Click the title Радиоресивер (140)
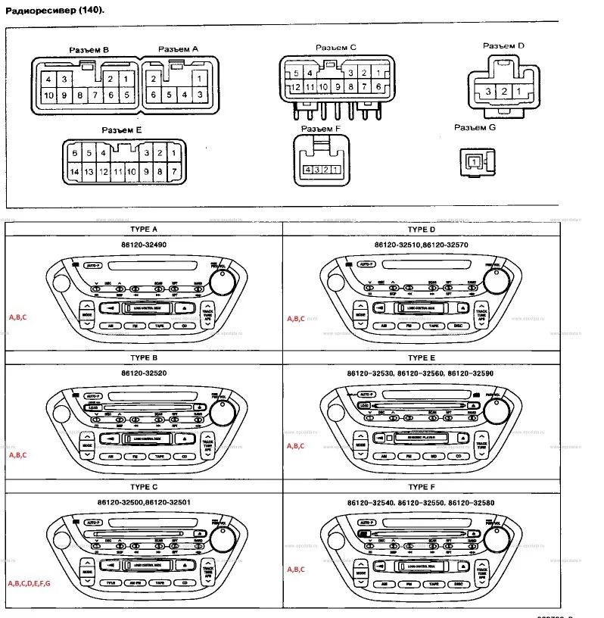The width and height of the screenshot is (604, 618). click(x=53, y=11)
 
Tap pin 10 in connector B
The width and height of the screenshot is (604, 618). click(x=48, y=95)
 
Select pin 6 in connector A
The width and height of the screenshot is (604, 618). click(x=154, y=95)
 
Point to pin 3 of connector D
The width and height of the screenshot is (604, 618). click(x=490, y=92)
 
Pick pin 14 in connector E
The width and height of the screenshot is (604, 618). click(x=74, y=172)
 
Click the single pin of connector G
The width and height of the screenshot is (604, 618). click(x=474, y=161)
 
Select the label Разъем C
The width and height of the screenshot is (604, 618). click(x=335, y=48)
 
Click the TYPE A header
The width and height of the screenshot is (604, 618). click(x=144, y=229)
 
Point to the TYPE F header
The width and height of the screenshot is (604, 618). click(x=422, y=486)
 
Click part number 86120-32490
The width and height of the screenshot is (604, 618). click(x=144, y=246)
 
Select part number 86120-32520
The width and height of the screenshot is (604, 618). click(x=144, y=374)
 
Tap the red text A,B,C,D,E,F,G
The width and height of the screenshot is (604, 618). click(x=29, y=584)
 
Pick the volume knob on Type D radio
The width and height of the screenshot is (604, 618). click(x=495, y=282)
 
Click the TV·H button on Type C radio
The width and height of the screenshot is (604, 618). click(x=111, y=583)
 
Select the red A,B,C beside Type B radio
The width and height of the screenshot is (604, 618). click(x=17, y=455)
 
